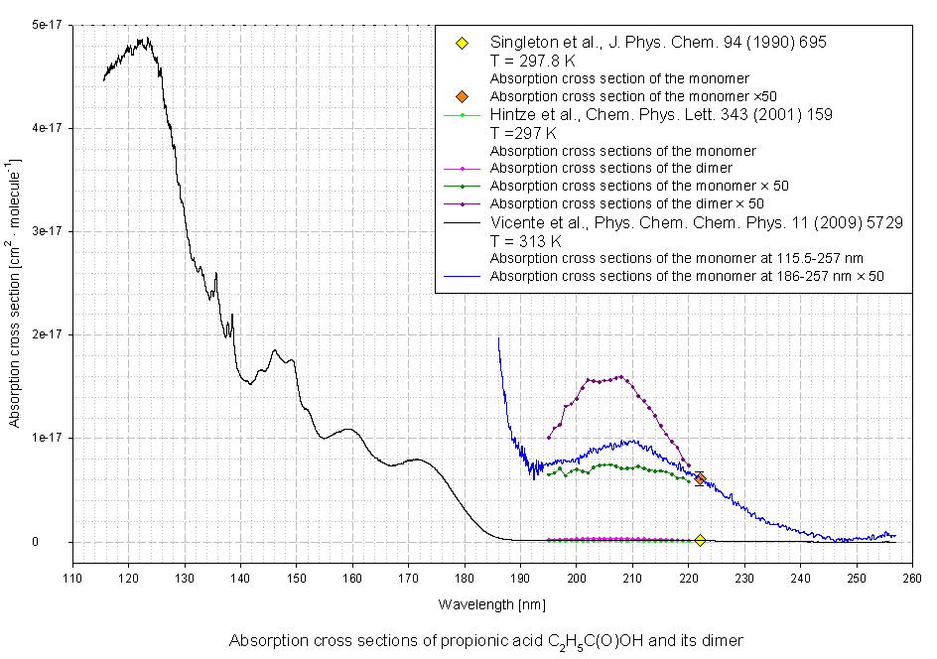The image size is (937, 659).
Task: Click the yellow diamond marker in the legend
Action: tap(462, 44)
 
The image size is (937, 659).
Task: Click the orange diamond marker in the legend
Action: tap(462, 96)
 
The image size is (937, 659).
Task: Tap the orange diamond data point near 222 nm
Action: tap(700, 479)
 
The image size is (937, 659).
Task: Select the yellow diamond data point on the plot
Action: tap(700, 540)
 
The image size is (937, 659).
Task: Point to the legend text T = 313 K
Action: tap(526, 241)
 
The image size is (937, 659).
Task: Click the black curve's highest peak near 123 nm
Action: tap(145, 41)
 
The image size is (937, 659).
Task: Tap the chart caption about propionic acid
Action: tap(485, 640)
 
